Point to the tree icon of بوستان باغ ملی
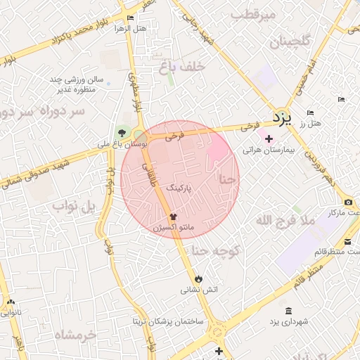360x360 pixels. [x=123, y=132]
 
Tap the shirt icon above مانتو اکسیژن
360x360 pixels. [x=173, y=217]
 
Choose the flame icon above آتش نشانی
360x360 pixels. [x=198, y=278]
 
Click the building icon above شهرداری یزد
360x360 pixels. [x=288, y=311]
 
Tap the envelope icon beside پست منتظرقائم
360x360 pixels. [x=349, y=241]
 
